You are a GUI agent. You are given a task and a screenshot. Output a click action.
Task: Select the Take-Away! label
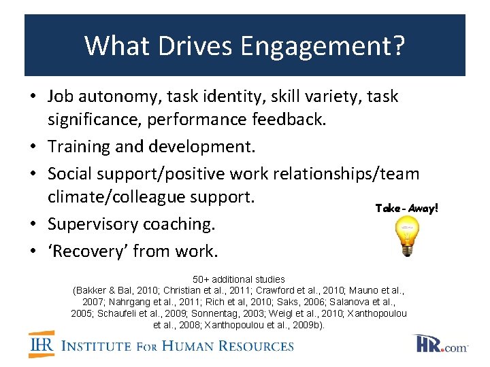pyautogui.click(x=407, y=209)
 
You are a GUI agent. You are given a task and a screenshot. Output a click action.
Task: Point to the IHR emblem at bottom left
pyautogui.click(x=42, y=345)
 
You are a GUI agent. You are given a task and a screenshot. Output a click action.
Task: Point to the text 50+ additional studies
pyautogui.click(x=239, y=279)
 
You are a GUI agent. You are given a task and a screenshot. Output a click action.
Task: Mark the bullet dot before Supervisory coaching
pyautogui.click(x=33, y=224)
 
